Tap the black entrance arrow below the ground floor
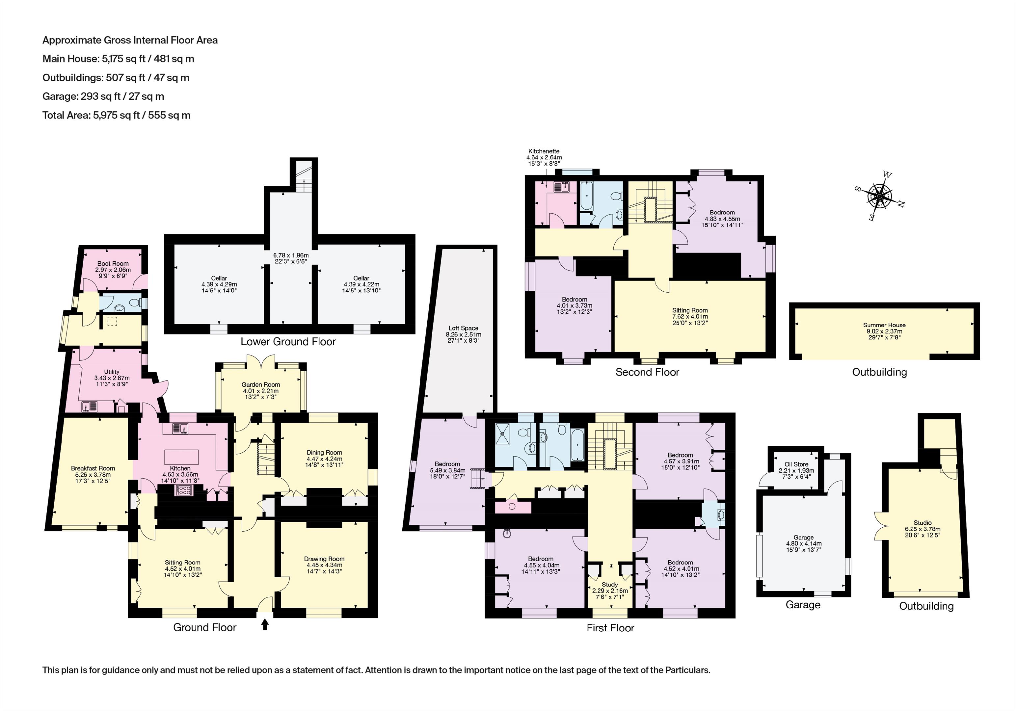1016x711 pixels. click(265, 624)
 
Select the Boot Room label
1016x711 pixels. click(113, 263)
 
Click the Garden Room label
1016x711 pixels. click(261, 384)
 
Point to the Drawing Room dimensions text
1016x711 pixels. click(324, 568)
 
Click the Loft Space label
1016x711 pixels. click(463, 328)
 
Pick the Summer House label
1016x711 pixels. click(884, 325)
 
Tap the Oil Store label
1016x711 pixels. click(796, 464)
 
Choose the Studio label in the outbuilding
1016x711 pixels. click(922, 522)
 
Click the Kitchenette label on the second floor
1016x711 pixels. click(544, 151)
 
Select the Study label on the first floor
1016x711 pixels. click(610, 585)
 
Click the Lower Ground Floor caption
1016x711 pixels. click(288, 342)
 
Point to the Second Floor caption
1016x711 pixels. click(647, 372)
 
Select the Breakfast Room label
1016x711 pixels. click(93, 468)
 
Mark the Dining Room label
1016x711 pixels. click(324, 453)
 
